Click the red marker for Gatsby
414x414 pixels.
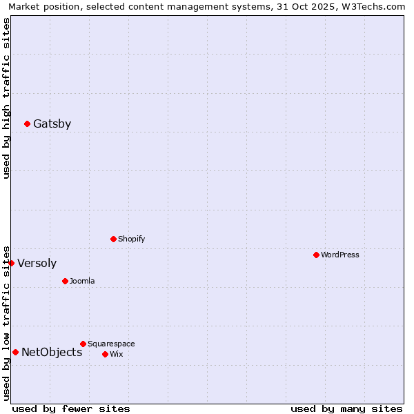point(27,124)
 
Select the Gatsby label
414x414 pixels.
point(52,124)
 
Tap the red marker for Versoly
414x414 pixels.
point(11,263)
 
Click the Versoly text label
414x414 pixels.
point(37,264)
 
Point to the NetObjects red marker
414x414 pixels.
point(15,353)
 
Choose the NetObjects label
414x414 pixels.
point(52,353)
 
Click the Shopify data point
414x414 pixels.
point(113,239)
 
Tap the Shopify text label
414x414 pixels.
point(131,239)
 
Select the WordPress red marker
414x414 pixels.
point(316,255)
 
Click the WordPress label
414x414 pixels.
point(339,255)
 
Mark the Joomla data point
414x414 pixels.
point(65,281)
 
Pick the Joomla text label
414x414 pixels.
point(82,282)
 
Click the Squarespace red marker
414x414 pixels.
point(83,344)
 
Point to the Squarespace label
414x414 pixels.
point(111,344)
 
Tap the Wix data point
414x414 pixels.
point(105,354)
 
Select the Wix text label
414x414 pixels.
point(116,355)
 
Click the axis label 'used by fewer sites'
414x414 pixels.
point(71,408)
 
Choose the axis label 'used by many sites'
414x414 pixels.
point(346,408)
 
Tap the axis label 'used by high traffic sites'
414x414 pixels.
point(6,98)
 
